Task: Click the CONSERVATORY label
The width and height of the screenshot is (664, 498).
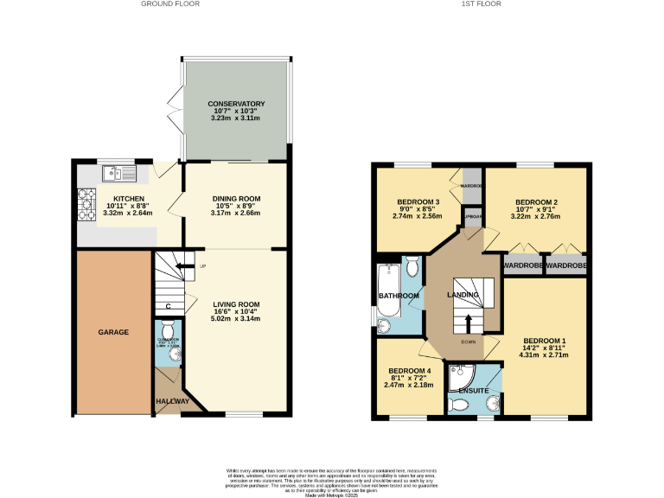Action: [x=235, y=105]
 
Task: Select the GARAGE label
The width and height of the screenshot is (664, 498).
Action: [x=112, y=332]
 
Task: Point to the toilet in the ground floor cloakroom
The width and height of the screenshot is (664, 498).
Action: [x=168, y=329]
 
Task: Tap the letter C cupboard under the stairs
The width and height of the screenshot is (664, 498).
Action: [x=169, y=306]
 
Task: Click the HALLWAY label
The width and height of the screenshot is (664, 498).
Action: [x=172, y=401]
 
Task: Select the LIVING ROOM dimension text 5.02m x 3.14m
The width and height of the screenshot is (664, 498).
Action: [x=236, y=319]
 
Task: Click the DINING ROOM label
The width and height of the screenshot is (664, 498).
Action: [x=236, y=199]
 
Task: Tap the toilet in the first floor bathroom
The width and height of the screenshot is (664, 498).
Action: [x=412, y=265]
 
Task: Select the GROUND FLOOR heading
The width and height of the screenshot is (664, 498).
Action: [x=170, y=4]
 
